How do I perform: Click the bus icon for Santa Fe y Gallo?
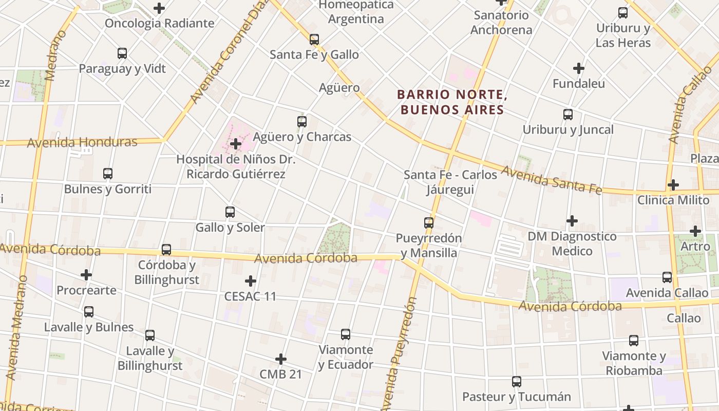[314, 39]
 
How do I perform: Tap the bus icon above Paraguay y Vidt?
[122, 53]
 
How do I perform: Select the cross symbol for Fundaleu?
[579, 68]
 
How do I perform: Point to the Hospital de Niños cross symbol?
[236, 144]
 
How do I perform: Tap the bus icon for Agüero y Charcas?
[302, 122]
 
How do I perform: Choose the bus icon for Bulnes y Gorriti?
[108, 174]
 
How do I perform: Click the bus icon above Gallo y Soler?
[230, 212]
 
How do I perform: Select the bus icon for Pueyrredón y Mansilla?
[429, 222]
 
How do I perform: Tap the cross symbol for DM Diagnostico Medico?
[572, 221]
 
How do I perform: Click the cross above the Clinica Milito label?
[673, 184]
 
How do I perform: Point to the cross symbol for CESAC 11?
[251, 281]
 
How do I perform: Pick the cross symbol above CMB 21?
[280, 359]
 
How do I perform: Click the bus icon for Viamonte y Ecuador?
[346, 334]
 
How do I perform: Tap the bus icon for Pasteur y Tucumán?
[517, 382]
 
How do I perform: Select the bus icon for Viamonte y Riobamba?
[634, 340]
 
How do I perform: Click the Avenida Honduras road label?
[82, 142]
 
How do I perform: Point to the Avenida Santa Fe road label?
[551, 180]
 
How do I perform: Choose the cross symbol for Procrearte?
[86, 275]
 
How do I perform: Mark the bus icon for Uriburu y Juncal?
[568, 115]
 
